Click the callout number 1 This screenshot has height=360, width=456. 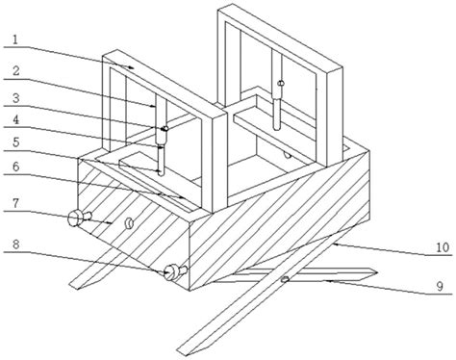pos(15,39)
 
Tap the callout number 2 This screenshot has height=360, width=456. pos(15,71)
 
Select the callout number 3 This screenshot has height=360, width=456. pos(15,98)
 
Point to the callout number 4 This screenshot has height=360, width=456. pos(15,119)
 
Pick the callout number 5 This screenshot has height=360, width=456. pos(15,142)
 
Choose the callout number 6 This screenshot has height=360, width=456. pos(15,167)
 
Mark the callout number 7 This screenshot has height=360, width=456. pos(15,202)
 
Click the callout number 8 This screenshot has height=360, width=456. pos(15,244)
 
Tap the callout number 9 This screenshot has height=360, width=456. pos(440,286)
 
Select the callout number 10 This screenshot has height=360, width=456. pos(443,247)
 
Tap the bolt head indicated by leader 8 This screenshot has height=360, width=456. pos(171,272)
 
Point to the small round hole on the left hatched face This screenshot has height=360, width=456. pos(129,222)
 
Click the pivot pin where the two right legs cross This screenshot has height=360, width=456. pos(285,279)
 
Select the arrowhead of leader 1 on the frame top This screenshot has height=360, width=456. pos(131,67)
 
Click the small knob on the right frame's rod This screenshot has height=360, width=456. pos(281,83)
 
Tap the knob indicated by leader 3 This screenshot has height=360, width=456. pos(165,128)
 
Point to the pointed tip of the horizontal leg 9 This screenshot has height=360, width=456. pos(376,272)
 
